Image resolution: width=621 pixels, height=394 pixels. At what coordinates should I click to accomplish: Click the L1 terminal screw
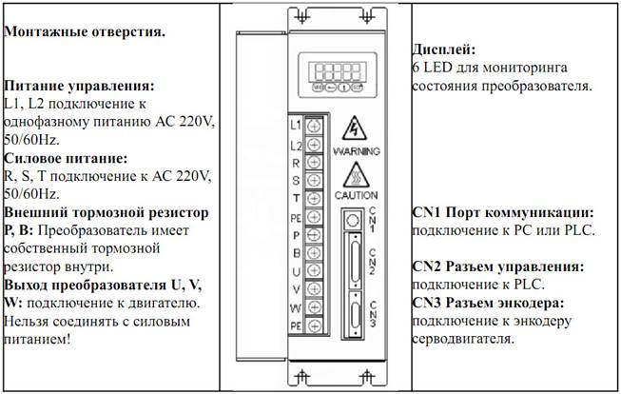(314, 127)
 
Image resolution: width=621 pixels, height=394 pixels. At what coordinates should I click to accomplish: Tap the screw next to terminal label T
(314, 198)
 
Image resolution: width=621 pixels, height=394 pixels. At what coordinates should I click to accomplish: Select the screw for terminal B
(314, 252)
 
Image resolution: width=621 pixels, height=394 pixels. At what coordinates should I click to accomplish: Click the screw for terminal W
(314, 307)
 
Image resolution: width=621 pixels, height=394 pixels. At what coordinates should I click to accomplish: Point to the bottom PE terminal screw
(314, 325)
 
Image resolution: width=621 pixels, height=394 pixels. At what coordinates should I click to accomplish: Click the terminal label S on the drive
(296, 181)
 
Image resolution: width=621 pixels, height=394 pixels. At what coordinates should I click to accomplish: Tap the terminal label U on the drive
(296, 271)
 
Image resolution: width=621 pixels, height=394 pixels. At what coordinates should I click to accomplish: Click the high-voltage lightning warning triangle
(355, 128)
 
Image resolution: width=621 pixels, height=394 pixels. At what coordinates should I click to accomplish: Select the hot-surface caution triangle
(356, 175)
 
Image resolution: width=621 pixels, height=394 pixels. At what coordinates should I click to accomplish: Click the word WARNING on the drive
(357, 151)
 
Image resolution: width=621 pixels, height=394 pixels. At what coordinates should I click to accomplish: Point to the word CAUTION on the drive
(356, 195)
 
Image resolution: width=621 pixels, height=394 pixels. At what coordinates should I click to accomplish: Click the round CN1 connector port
(353, 221)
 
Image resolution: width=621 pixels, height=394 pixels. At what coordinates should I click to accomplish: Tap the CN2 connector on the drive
(355, 261)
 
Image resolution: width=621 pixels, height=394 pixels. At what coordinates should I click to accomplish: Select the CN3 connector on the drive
(355, 315)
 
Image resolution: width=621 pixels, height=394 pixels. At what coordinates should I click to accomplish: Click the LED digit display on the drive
(340, 71)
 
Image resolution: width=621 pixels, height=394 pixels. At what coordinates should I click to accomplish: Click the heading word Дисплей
(443, 49)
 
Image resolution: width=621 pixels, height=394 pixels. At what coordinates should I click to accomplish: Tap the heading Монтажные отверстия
(85, 31)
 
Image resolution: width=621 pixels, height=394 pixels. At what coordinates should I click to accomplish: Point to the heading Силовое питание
(66, 159)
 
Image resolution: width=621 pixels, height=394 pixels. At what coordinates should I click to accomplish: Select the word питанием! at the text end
(37, 340)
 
